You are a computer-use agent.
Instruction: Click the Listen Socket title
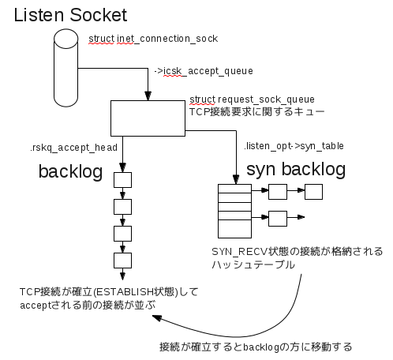pyautogui.click(x=70, y=15)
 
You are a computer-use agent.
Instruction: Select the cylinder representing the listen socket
pyautogui.click(x=65, y=68)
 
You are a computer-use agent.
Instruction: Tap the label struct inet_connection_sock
pyautogui.click(x=153, y=39)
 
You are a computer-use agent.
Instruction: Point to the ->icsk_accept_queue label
pyautogui.click(x=204, y=71)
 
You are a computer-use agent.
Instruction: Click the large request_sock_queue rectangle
pyautogui.click(x=148, y=118)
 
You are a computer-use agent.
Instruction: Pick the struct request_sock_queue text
pyautogui.click(x=252, y=99)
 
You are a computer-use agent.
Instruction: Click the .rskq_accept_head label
pyautogui.click(x=73, y=148)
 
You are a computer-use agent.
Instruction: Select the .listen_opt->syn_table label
pyautogui.click(x=294, y=146)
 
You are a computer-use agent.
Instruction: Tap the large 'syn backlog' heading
pyautogui.click(x=296, y=169)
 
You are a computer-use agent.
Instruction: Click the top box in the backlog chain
pyautogui.click(x=122, y=180)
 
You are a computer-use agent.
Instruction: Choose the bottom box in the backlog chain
pyautogui.click(x=122, y=261)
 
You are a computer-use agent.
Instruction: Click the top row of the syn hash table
pyautogui.click(x=234, y=189)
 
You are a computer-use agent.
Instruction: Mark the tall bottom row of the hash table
pyautogui.click(x=234, y=229)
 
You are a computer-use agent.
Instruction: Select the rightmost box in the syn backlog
pyautogui.click(x=313, y=192)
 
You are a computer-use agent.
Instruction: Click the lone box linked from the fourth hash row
pyautogui.click(x=278, y=219)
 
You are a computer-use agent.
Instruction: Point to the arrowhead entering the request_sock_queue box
pyautogui.click(x=148, y=96)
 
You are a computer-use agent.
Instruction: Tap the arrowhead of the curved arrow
pyautogui.click(x=157, y=318)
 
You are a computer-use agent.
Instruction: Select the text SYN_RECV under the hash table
pyautogui.click(x=240, y=252)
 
